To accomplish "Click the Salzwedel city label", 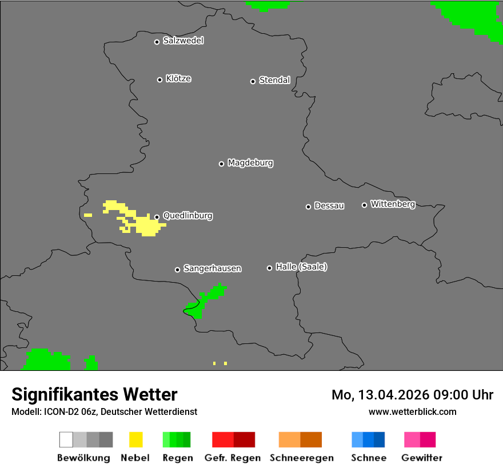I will click(x=183, y=41).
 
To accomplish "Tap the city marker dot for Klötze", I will click(x=159, y=80).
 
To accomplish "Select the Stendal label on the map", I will click(x=274, y=81).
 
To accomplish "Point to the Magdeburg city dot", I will click(x=221, y=164).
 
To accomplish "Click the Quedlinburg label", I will click(x=187, y=216).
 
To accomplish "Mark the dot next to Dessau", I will click(x=308, y=207).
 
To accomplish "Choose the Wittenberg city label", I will click(x=393, y=204).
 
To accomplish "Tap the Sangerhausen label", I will click(x=212, y=268).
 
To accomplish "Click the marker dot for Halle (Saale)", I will click(x=269, y=268).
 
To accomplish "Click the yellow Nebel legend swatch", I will click(x=135, y=440).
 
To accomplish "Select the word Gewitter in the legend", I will click(x=422, y=458).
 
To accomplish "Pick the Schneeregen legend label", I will click(x=301, y=458).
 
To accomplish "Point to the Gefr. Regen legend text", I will click(x=233, y=458).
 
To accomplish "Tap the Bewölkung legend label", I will click(x=83, y=458).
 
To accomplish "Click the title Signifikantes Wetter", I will click(x=94, y=394).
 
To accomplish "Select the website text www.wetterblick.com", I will click(x=413, y=411).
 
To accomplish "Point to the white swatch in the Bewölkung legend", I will click(x=66, y=440).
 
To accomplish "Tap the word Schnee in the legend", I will click(x=369, y=458).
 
